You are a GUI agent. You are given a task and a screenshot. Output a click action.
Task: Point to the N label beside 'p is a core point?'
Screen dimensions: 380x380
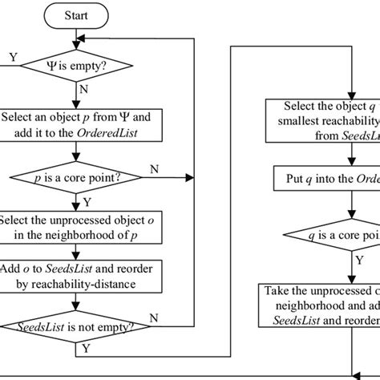154,168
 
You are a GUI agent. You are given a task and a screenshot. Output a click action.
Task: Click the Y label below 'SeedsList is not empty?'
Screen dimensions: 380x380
86,350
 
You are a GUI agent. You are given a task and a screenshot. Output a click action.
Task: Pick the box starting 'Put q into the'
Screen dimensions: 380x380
321,177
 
